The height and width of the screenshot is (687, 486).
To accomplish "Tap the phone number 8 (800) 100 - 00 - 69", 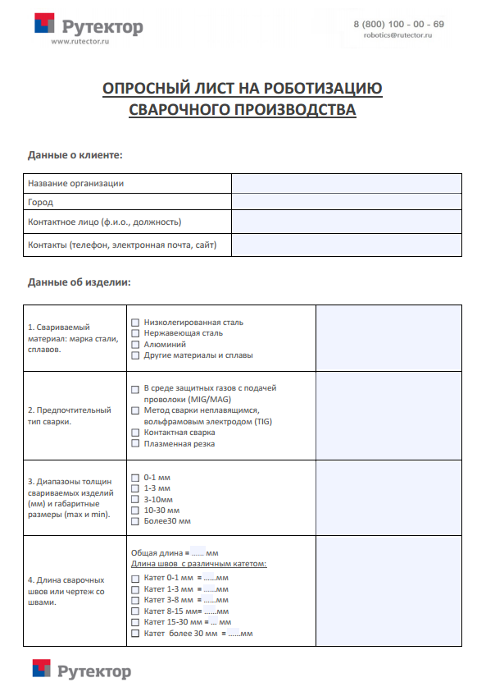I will [x=398, y=25].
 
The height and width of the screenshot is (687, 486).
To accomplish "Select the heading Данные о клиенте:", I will [x=75, y=154].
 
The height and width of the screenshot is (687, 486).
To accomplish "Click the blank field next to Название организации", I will [x=346, y=184].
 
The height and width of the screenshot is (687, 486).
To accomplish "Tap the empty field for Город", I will [x=346, y=202].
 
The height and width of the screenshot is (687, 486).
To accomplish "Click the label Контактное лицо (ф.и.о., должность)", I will [x=105, y=222].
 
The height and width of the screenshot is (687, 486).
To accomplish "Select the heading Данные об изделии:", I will [x=79, y=282].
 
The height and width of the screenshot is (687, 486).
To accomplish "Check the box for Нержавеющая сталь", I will [x=135, y=333].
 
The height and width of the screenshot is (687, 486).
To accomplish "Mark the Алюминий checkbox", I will [x=135, y=345].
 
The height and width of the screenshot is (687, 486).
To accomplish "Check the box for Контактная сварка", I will [x=135, y=432].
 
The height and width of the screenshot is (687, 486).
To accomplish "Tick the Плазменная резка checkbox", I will [x=135, y=444].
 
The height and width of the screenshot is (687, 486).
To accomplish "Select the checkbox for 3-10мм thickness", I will [x=135, y=499].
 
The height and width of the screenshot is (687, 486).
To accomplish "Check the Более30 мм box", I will [x=135, y=521].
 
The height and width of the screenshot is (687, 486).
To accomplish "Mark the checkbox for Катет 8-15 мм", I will [x=135, y=611].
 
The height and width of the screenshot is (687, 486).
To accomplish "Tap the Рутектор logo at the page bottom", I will [x=82, y=671].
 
